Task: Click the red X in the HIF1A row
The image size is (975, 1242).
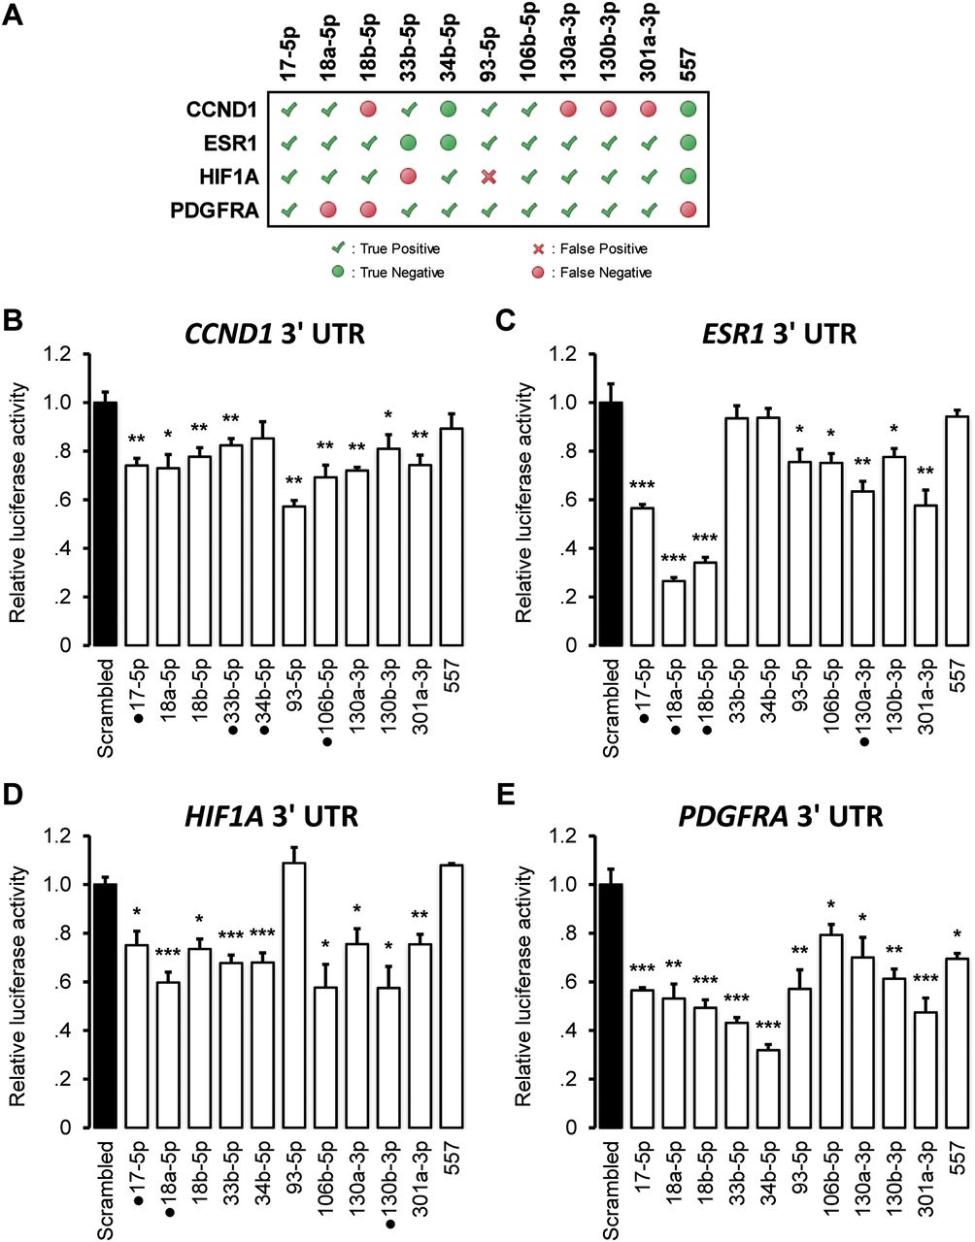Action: [x=489, y=177]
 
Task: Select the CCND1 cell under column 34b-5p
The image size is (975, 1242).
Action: [x=450, y=110]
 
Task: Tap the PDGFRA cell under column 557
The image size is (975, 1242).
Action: [x=689, y=210]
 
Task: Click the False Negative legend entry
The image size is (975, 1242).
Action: [x=594, y=273]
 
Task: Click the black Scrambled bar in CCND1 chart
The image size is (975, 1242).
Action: [x=106, y=524]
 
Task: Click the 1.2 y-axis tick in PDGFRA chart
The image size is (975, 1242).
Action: [x=568, y=836]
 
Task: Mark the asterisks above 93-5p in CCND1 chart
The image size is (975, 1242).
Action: [x=293, y=482]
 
